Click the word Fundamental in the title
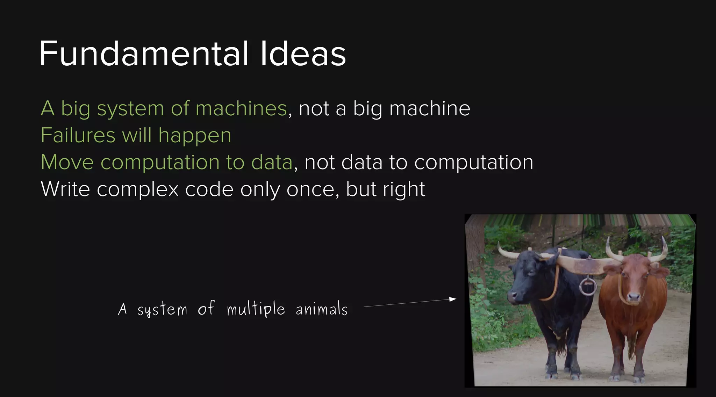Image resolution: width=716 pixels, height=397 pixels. click(x=144, y=54)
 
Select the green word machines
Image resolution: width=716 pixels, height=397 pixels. click(x=241, y=108)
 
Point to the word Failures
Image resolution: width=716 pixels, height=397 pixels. click(x=78, y=135)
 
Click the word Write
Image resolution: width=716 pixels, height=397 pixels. click(x=65, y=189)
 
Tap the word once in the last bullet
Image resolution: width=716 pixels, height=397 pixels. click(x=313, y=189)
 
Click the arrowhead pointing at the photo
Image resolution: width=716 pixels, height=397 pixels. click(x=453, y=299)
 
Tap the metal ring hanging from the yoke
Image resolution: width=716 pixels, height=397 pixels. click(x=588, y=286)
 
